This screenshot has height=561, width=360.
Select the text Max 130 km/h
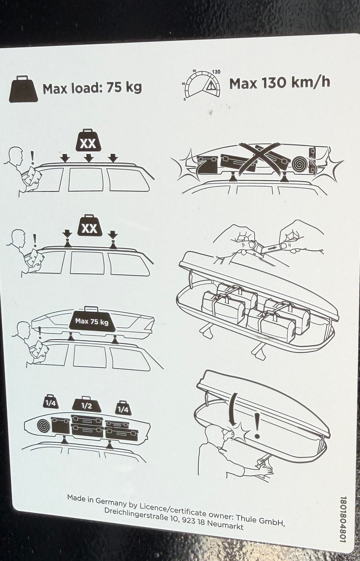click(279, 83)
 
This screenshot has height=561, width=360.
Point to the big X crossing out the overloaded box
click(260, 158)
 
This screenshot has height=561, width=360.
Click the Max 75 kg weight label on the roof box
click(92, 321)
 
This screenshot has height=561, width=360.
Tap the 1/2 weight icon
click(87, 405)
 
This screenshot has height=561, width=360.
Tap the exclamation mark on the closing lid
click(257, 426)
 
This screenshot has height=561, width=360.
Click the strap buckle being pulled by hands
click(255, 248)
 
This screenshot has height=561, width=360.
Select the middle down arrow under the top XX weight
click(88, 158)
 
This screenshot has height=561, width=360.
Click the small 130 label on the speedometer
click(216, 72)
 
